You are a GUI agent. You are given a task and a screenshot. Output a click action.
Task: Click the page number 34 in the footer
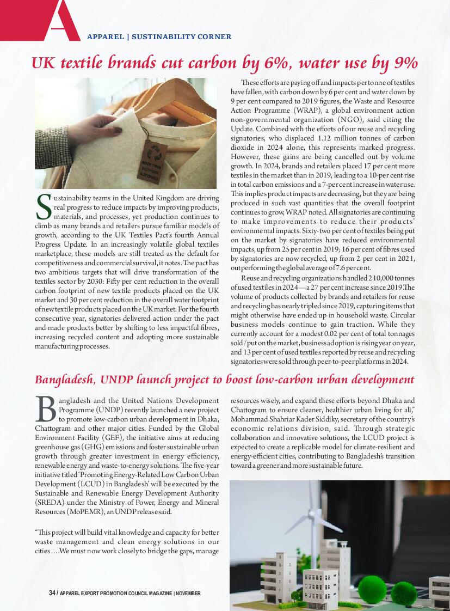click(52, 593)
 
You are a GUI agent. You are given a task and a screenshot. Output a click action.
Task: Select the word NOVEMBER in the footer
click(188, 593)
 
